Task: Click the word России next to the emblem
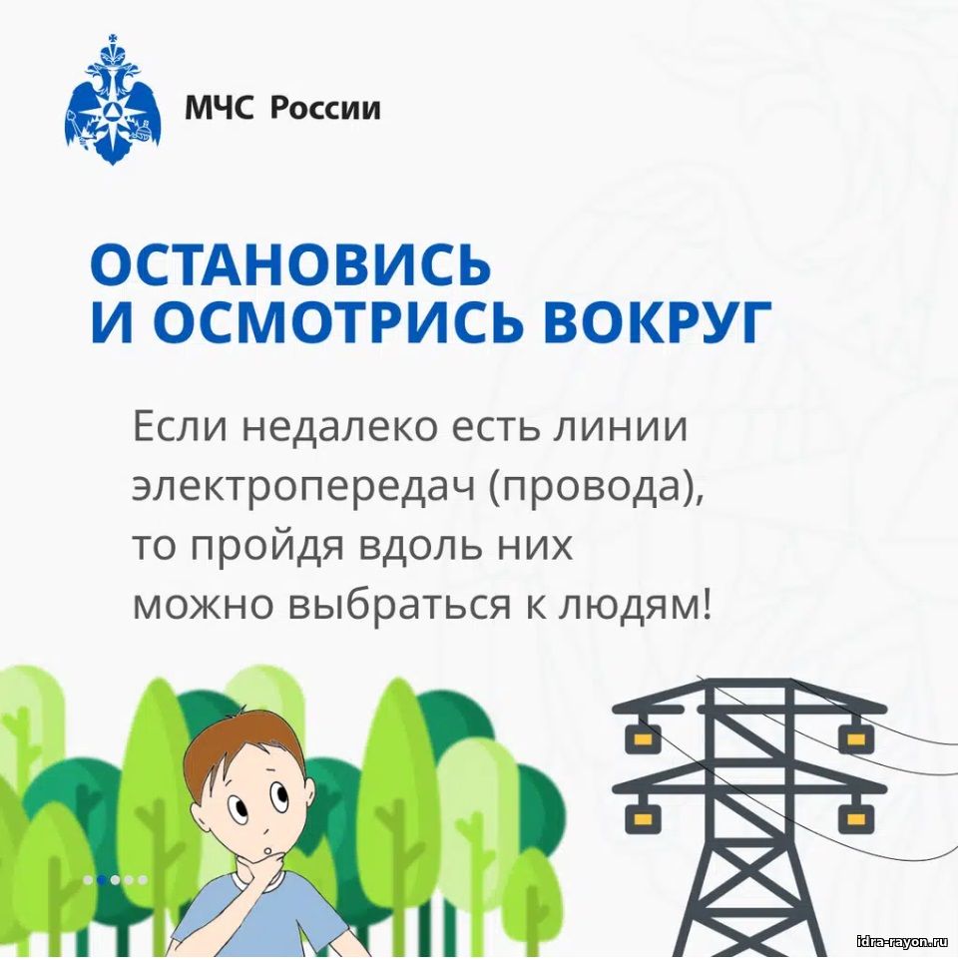click(x=325, y=109)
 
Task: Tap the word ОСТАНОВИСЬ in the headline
click(x=290, y=265)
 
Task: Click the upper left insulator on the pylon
click(x=641, y=739)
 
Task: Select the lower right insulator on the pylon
click(x=856, y=817)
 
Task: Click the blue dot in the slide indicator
click(x=102, y=880)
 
